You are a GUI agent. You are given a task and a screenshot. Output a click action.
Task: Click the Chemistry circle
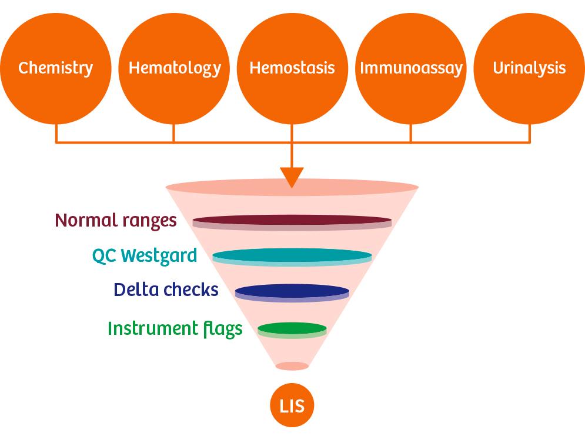[x=56, y=69]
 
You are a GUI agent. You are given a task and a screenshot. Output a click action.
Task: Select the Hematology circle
[x=174, y=69]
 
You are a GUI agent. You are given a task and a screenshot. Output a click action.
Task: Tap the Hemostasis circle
[x=292, y=69]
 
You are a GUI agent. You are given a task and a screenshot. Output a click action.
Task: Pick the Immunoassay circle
[x=411, y=69]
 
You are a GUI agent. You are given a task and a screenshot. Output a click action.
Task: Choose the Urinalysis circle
[x=529, y=69]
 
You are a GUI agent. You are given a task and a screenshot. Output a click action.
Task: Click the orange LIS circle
[x=292, y=405]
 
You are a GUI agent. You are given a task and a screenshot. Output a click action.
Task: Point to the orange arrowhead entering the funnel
[x=292, y=177]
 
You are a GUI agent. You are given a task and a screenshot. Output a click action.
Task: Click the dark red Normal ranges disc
[x=292, y=222]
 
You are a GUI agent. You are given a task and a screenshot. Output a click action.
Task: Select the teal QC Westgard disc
[x=292, y=257]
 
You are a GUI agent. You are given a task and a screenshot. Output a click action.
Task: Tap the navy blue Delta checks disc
[x=292, y=292]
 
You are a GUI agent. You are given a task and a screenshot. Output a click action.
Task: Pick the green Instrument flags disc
[x=292, y=330]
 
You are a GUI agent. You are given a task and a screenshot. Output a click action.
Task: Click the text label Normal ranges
[x=116, y=221]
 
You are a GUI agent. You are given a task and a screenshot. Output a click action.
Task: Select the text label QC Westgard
[x=145, y=256]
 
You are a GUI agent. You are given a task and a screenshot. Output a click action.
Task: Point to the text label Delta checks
[x=166, y=290]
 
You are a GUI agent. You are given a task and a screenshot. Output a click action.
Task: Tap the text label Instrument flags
[x=175, y=329]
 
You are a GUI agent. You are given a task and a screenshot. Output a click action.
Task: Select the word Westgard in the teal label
[x=159, y=256]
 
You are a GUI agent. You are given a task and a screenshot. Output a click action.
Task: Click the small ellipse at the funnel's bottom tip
[x=292, y=366]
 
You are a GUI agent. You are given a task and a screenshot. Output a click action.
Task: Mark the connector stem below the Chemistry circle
[x=56, y=133]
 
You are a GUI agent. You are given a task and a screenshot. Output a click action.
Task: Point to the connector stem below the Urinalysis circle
[x=529, y=133]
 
